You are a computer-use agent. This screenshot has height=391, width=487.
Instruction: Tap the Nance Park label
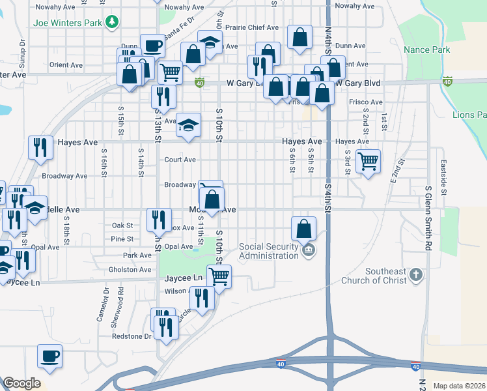426,50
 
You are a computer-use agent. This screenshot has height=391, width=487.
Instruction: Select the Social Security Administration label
268,251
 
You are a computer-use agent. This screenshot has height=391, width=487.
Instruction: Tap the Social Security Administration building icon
309,250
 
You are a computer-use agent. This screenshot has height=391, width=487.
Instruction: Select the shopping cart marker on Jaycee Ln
219,277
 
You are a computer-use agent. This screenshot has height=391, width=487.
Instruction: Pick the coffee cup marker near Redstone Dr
49,356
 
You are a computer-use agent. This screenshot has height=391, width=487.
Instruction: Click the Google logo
22,383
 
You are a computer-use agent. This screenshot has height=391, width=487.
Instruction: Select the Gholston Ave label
130,269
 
